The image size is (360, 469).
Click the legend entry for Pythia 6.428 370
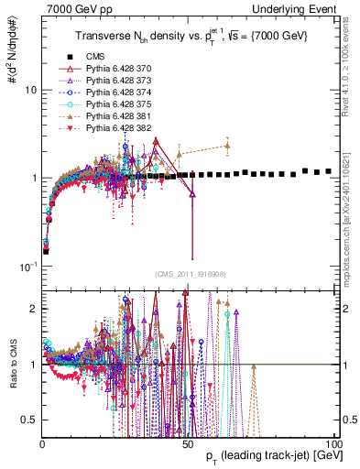click(x=115, y=69)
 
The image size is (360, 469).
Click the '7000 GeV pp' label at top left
click(x=72, y=8)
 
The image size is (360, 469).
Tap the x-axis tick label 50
click(x=188, y=442)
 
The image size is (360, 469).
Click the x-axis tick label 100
click(x=333, y=442)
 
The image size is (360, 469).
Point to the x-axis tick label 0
click(x=42, y=442)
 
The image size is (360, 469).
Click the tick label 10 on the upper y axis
click(x=30, y=91)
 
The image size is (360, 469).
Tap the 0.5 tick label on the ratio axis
click(x=29, y=420)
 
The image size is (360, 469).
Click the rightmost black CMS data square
click(x=329, y=170)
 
